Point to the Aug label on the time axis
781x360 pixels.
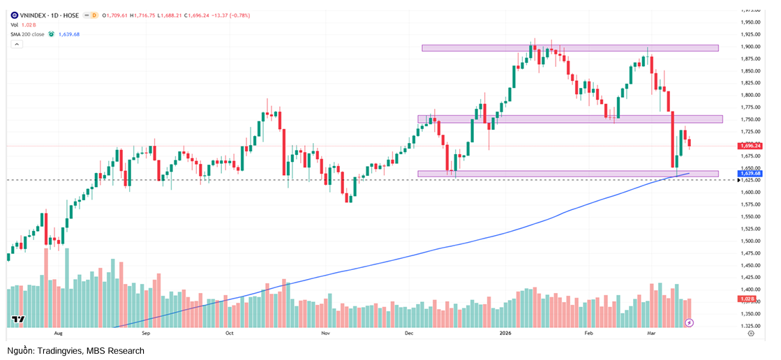(x=59, y=334)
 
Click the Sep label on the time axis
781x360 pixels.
(x=146, y=334)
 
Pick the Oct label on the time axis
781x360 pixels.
(x=229, y=334)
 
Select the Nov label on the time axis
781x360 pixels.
(x=325, y=334)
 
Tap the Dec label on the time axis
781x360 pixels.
(x=410, y=334)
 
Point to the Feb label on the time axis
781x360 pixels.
(x=588, y=334)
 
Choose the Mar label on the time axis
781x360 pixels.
(x=651, y=334)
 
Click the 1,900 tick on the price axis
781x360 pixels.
(x=750, y=47)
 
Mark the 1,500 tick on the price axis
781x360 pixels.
(x=750, y=241)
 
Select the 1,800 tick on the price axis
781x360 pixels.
(x=750, y=95)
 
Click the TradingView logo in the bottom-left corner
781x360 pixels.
(x=19, y=320)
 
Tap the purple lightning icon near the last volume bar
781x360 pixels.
(x=690, y=323)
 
